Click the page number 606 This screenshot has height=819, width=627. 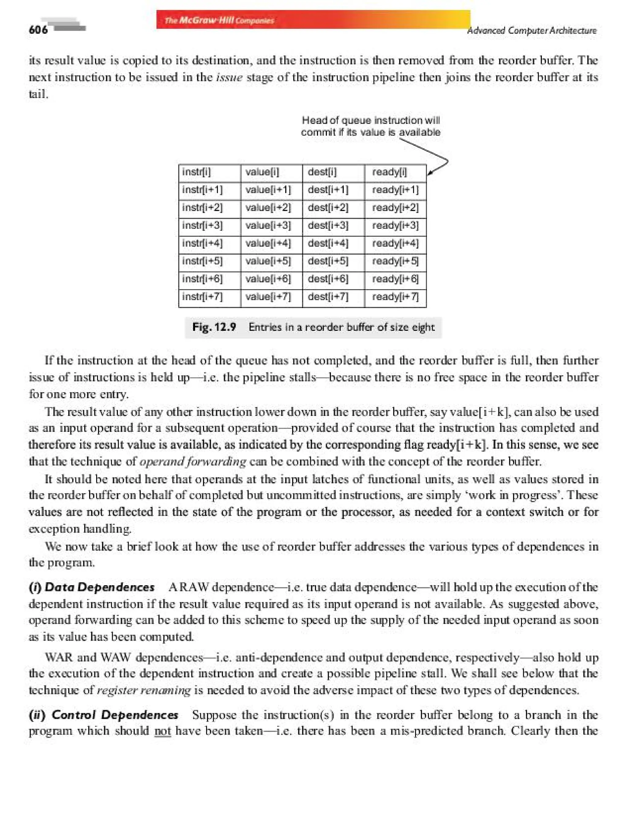tap(38, 29)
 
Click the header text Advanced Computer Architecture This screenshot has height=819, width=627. tap(531, 31)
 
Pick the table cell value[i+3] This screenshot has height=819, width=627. tap(268, 225)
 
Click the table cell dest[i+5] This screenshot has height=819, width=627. tap(328, 261)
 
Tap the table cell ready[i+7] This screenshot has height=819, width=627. tap(395, 297)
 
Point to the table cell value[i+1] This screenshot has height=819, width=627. tap(268, 190)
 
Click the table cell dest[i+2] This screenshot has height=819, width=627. tap(328, 208)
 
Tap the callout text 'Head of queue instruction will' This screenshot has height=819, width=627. tap(371, 120)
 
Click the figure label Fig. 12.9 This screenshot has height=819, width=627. tap(214, 327)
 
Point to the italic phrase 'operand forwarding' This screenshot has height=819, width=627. tap(193, 462)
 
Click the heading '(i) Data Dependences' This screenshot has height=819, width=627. tap(92, 587)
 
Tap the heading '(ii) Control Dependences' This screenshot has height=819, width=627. tap(104, 715)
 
